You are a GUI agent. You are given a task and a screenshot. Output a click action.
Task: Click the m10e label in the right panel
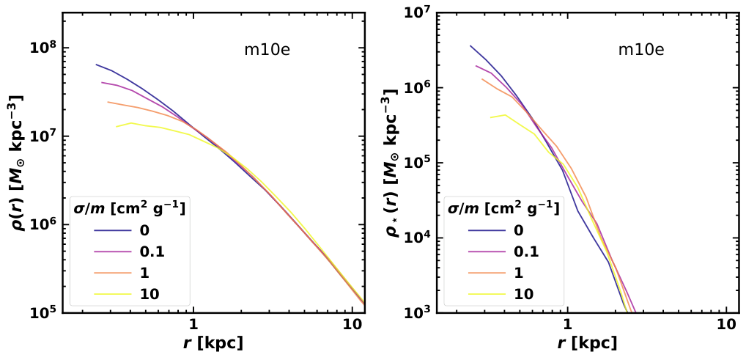tap(640, 51)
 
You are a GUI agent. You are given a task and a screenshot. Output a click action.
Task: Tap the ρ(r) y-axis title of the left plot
tap(15, 163)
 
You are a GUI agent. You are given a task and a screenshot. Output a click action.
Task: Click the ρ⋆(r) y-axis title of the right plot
tap(389, 163)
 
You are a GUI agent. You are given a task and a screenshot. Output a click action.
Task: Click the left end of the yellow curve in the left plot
tap(117, 127)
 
